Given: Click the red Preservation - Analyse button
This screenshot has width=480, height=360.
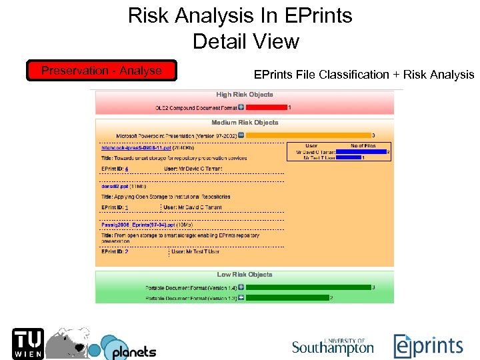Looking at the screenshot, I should coord(102,71).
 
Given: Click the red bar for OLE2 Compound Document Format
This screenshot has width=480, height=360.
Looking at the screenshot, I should coord(265,107).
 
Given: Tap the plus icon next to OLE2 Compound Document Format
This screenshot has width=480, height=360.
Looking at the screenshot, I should coord(241,107).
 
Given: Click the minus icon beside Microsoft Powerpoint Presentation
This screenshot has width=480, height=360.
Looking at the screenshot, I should coord(241,135).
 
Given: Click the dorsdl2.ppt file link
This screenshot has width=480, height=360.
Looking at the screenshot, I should coord(115,187).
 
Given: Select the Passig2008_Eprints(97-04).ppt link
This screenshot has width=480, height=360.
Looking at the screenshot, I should coord(138,225).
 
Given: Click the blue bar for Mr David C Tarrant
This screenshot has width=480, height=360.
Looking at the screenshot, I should coord(361,152).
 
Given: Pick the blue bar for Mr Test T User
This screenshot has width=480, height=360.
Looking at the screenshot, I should coord(348,158).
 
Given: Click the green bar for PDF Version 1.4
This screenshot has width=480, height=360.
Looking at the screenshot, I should coord(307,287).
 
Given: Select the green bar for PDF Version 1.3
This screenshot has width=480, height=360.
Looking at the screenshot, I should coord(287,297).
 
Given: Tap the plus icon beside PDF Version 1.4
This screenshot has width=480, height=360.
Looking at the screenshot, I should coord(241,287).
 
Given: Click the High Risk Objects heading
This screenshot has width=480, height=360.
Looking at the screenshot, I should coord(244,95).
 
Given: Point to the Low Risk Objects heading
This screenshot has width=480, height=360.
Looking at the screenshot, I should coord(244,275).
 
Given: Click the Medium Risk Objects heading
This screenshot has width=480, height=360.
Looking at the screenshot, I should coord(244,123).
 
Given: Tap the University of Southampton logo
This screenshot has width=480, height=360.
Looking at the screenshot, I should coord(333,346).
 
